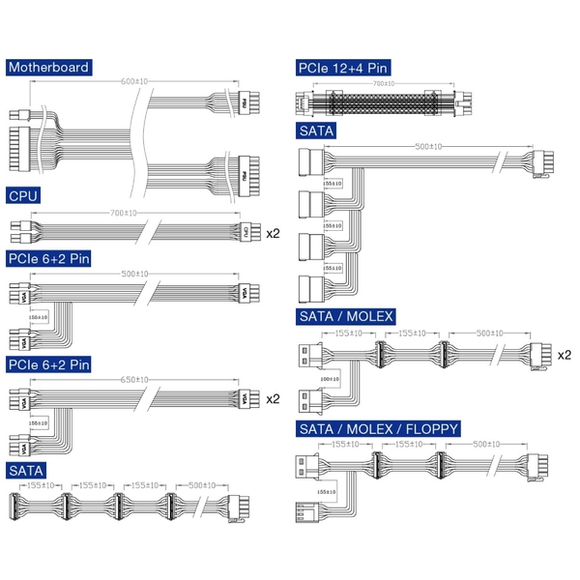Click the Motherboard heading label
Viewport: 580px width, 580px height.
[49, 68]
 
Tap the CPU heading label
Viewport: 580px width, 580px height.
[23, 196]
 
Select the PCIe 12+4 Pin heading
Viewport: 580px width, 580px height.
[343, 68]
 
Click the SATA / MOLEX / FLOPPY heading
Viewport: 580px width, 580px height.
[378, 428]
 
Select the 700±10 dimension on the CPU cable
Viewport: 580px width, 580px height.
[124, 213]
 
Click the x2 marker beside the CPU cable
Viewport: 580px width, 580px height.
[273, 232]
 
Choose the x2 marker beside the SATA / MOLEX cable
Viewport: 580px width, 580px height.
[564, 355]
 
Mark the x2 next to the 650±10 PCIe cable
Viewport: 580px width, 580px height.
[273, 398]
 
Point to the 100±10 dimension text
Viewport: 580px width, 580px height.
[330, 380]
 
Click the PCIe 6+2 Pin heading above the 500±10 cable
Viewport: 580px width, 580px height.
[48, 258]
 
